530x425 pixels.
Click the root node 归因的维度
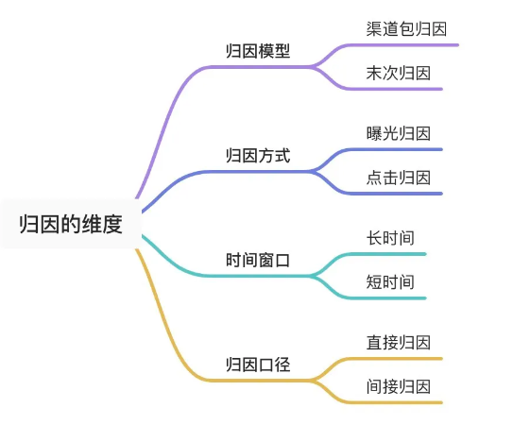[x=71, y=225]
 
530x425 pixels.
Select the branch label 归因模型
[x=258, y=51]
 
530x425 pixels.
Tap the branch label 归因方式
[x=258, y=156]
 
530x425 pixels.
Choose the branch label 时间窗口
[x=258, y=261]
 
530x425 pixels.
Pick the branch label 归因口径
[x=258, y=365]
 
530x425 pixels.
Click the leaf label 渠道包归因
[x=406, y=29]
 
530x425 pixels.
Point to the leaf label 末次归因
[x=399, y=74]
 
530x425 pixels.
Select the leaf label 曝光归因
[x=399, y=134]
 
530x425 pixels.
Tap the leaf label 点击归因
[x=399, y=178]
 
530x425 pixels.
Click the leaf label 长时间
[x=390, y=238]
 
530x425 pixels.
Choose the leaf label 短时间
[x=390, y=282]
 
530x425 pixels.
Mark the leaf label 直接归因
[x=399, y=343]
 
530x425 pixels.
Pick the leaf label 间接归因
[x=399, y=387]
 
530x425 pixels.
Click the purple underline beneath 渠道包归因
[x=402, y=45]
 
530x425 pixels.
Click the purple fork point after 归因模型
[x=313, y=67]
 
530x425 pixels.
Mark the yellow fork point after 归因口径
[x=313, y=381]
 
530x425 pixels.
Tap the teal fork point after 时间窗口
[x=313, y=276]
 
